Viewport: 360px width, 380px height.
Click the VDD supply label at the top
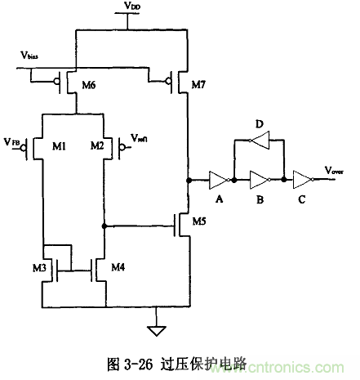click(x=131, y=7)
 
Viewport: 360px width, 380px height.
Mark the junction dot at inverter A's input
click(x=189, y=178)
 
